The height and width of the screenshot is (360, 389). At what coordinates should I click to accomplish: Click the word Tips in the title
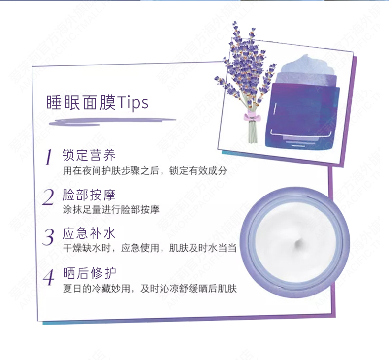(x=132, y=102)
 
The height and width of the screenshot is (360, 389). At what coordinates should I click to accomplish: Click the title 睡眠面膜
(x=81, y=102)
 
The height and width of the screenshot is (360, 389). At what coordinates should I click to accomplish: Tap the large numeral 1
(x=49, y=157)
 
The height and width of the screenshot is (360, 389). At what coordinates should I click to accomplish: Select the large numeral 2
(x=48, y=197)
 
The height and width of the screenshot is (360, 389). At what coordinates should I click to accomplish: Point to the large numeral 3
(x=48, y=237)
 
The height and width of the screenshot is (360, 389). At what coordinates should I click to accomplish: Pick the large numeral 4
(x=49, y=277)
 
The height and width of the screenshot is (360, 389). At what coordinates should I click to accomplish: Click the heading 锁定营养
(x=89, y=155)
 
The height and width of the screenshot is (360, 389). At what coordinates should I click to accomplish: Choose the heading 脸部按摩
(x=89, y=195)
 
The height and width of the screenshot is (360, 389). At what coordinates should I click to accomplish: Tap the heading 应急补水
(x=89, y=233)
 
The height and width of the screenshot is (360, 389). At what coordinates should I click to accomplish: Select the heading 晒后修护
(x=89, y=273)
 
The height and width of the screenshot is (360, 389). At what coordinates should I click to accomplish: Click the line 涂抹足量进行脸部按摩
(x=111, y=210)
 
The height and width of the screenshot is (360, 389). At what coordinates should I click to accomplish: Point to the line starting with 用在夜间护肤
(x=145, y=171)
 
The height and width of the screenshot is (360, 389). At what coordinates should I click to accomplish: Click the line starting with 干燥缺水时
(x=149, y=248)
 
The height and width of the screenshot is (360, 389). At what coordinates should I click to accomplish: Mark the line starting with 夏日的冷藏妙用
(x=150, y=289)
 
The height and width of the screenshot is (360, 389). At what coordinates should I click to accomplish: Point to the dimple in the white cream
(x=298, y=244)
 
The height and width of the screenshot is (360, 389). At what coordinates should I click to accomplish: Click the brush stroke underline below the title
(x=112, y=121)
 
